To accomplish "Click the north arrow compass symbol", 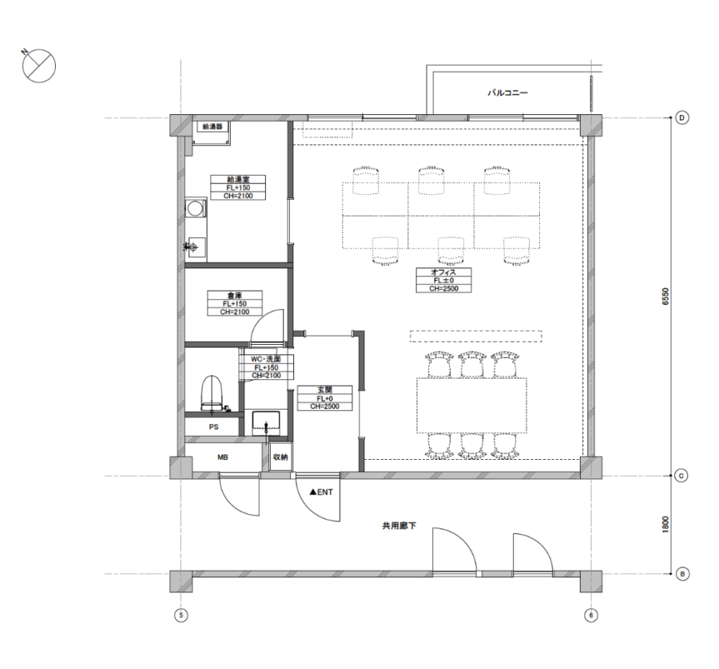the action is coord(38,65).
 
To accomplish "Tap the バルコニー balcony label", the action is coord(507,93).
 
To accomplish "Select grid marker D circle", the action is coord(682,118).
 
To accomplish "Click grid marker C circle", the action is coord(681,476).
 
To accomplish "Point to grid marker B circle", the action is coord(682,574).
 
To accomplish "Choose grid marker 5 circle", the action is coord(181,616).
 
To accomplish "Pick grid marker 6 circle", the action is coord(591,616).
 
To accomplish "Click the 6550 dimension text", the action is coord(665,296).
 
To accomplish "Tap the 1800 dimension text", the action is coord(665,525).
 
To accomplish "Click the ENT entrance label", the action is coord(321,492).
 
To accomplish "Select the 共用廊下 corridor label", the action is coord(399,525).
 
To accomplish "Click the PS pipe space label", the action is coord(213,427).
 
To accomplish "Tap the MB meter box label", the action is coord(223,457).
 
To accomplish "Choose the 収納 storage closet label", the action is coord(280,457).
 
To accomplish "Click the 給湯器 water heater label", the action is coord(213,125).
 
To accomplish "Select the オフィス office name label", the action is coord(443,271).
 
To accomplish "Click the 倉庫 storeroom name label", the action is coord(235,295).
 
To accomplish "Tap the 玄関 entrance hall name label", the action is coord(324,390).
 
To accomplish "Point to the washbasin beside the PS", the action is coord(266,423).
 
